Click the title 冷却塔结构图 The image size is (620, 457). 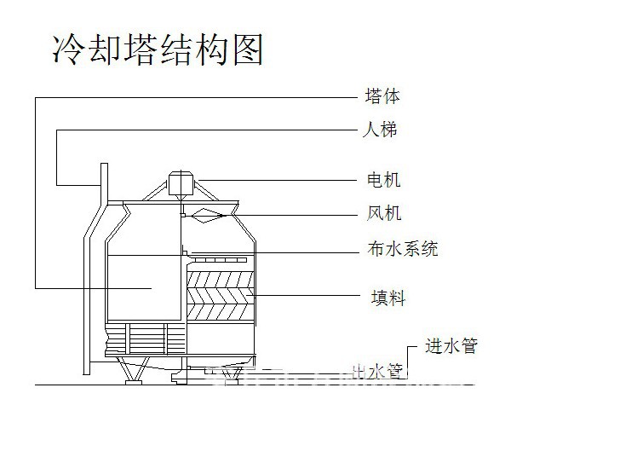[158, 49]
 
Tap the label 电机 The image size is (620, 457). [383, 180]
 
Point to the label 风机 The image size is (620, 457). [384, 213]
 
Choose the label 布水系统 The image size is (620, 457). [402, 249]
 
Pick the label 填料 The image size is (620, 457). [387, 298]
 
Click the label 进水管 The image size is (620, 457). [451, 346]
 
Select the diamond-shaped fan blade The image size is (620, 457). [205, 214]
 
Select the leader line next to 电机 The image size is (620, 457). [281, 179]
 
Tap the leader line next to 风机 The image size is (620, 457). [290, 213]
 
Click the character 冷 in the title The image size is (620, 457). [67, 49]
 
